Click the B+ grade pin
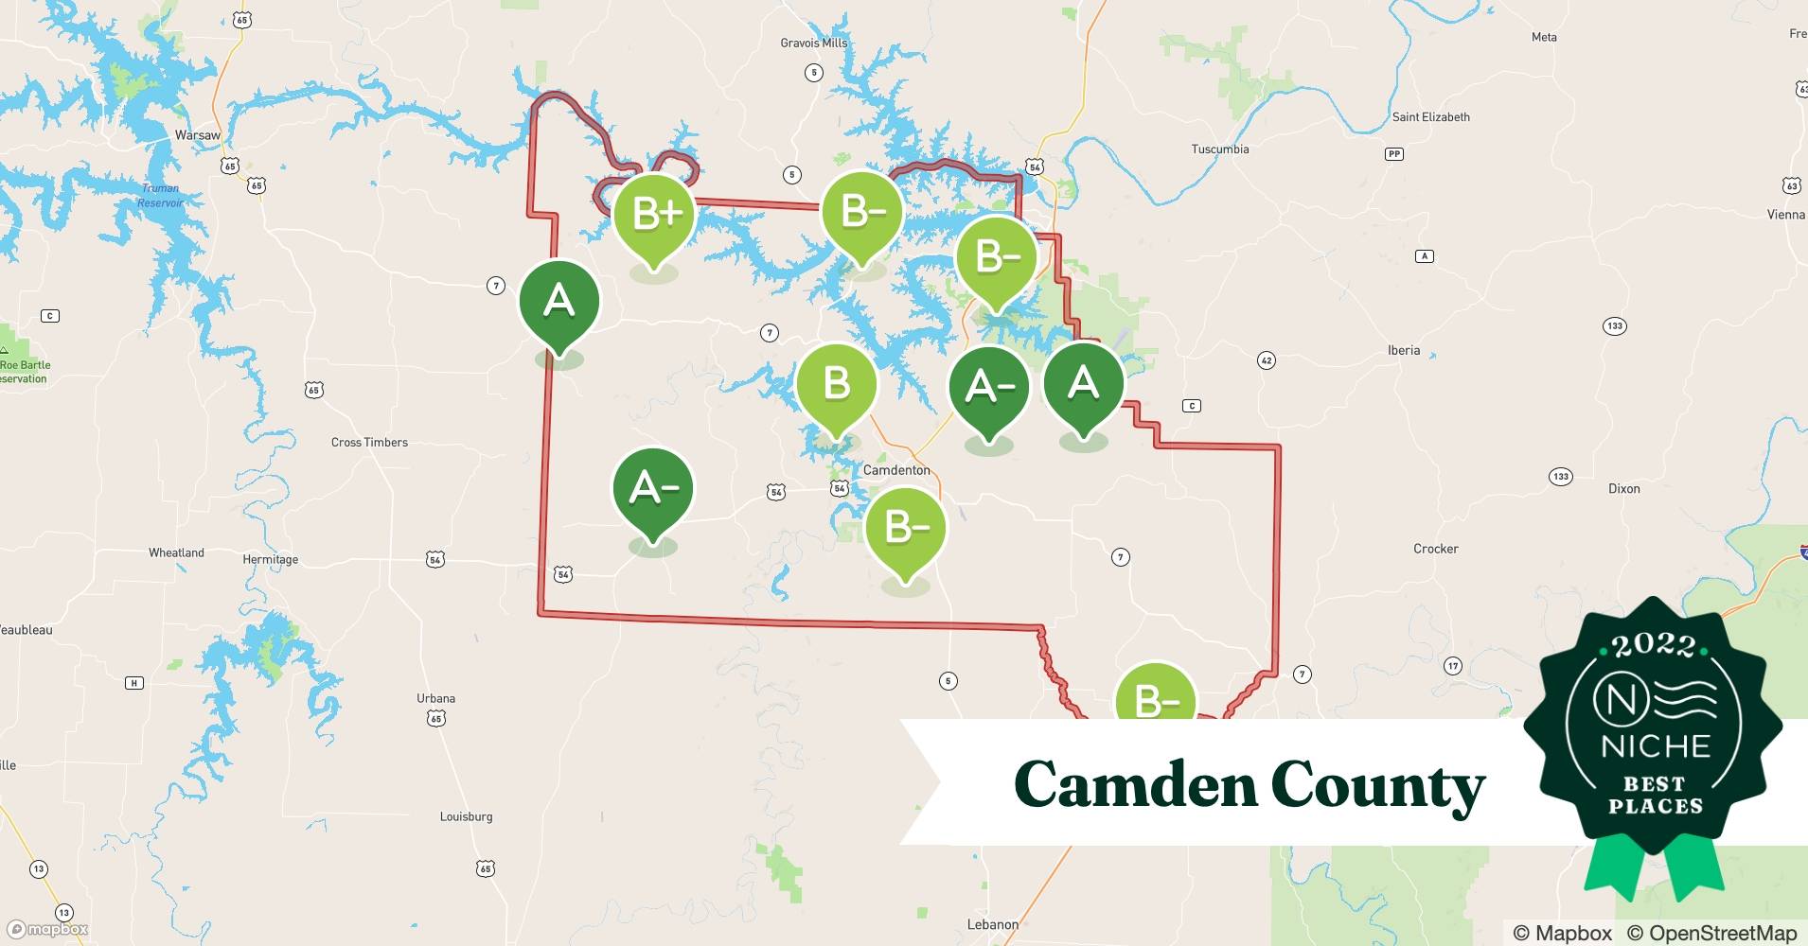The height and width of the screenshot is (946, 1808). [x=655, y=215]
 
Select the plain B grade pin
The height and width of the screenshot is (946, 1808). [x=836, y=384]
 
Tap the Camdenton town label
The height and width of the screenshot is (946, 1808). [x=895, y=470]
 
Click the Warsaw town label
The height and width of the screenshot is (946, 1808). [x=197, y=135]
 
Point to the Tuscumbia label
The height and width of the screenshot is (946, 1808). [x=1219, y=149]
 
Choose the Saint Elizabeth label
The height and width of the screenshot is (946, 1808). [x=1430, y=117]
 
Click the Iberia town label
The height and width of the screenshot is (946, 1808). [x=1403, y=350]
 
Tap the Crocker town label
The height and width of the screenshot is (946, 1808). [x=1435, y=549]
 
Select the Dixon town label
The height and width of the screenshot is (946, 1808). [x=1623, y=489]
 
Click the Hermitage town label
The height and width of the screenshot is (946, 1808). [x=270, y=560]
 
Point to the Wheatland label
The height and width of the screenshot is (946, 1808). [x=176, y=552]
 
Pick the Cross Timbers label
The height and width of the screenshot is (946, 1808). [x=369, y=443]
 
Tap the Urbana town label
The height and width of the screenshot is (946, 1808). [x=435, y=698]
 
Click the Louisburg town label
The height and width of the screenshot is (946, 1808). [x=466, y=816]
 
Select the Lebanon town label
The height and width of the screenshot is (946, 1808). [x=992, y=924]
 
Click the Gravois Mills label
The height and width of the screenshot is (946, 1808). [x=813, y=43]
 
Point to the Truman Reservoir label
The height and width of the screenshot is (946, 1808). [x=160, y=196]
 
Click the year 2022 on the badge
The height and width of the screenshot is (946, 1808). [x=1654, y=645]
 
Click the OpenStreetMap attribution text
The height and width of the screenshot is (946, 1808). [x=1711, y=933]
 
